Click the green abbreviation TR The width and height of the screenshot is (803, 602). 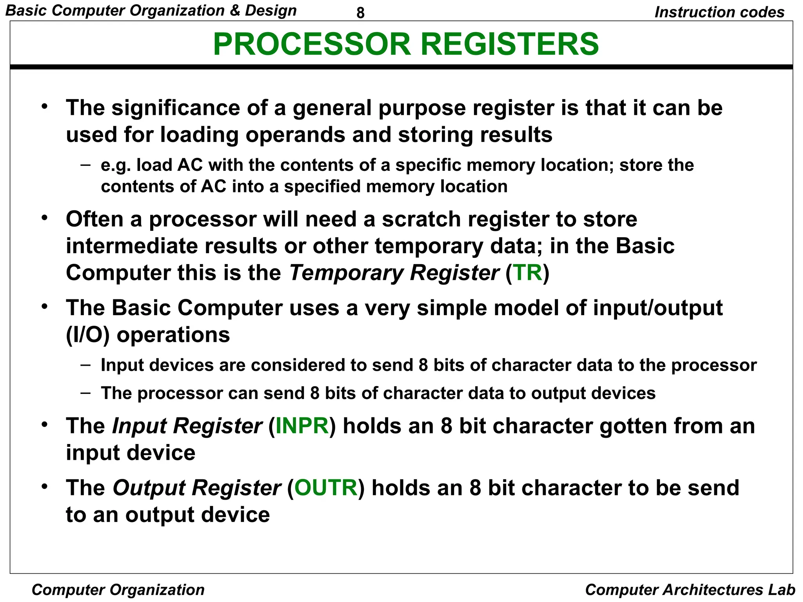click(x=528, y=273)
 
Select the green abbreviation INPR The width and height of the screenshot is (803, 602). click(x=302, y=426)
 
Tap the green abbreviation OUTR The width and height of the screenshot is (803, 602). click(x=326, y=488)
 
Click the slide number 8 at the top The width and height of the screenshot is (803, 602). click(x=360, y=13)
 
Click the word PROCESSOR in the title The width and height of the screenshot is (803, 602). click(x=312, y=44)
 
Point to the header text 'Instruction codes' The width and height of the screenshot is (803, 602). click(x=719, y=12)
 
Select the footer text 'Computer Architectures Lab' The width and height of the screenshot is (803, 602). click(x=690, y=590)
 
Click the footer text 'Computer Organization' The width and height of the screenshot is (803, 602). click(x=118, y=590)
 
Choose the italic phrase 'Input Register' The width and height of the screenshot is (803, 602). click(x=187, y=426)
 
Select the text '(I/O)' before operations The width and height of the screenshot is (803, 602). click(x=87, y=335)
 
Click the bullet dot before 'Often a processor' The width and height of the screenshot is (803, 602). click(x=45, y=217)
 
